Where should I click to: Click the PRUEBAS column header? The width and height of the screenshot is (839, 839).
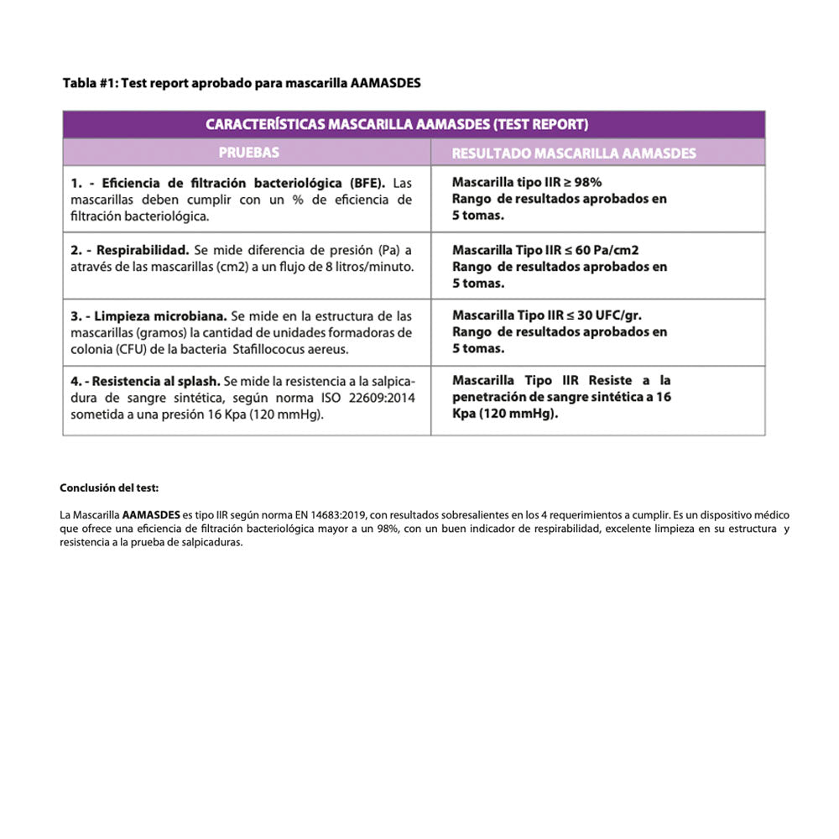248,153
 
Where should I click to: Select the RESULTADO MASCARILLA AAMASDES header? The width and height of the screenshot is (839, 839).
573,154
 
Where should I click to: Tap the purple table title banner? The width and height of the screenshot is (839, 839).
414,124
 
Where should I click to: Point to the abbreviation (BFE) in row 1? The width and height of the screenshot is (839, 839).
367,183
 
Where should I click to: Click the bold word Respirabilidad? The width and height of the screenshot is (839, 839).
142,250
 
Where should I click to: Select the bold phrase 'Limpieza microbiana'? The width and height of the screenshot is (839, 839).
159,316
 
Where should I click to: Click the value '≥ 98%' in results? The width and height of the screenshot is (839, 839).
581,182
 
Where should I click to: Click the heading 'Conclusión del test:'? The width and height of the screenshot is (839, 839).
109,487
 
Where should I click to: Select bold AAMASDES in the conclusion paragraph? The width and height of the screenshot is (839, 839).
151,514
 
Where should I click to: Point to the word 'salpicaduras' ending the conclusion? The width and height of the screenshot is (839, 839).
212,542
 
